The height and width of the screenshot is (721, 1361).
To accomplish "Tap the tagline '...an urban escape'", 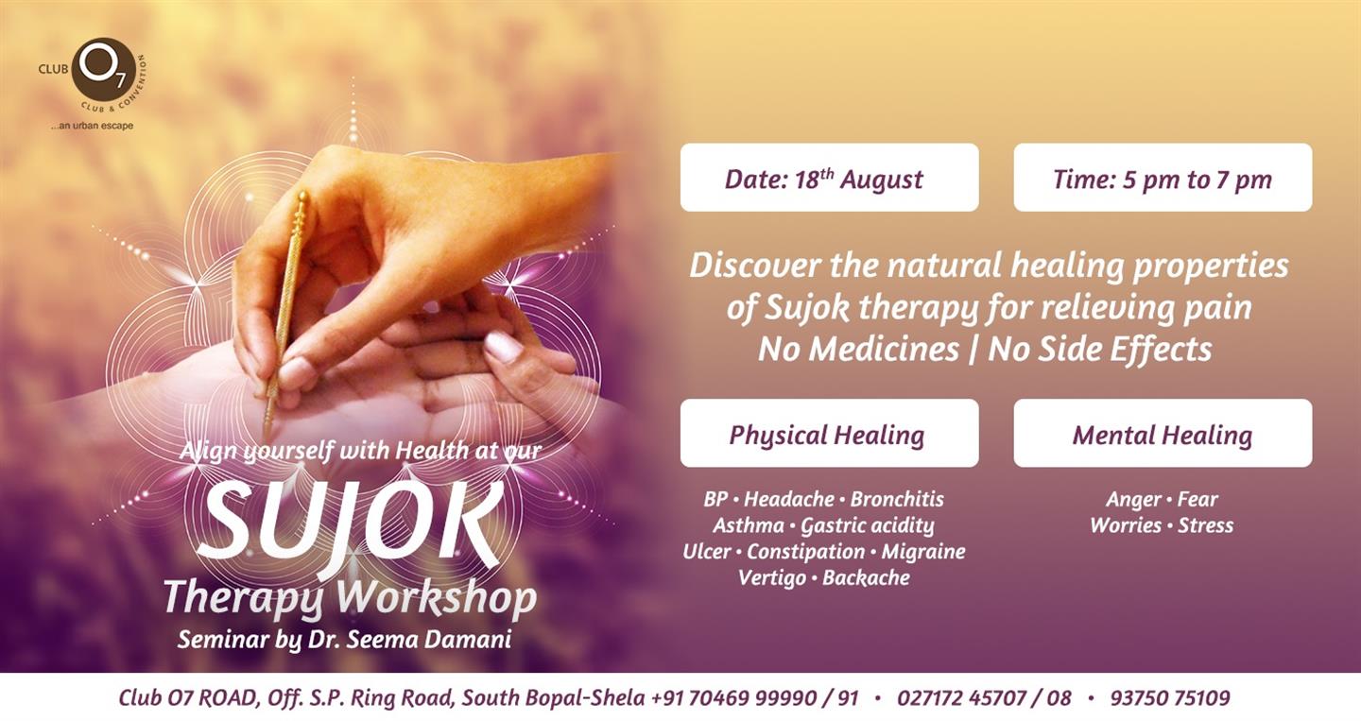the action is (x=93, y=126).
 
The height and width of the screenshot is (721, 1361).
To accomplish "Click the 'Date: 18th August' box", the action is (x=830, y=178).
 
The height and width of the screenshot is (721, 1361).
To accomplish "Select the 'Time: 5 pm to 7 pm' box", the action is (x=1163, y=178).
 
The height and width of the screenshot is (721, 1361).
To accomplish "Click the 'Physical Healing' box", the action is (x=830, y=433).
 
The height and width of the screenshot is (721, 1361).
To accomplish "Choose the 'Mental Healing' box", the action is (x=1163, y=433).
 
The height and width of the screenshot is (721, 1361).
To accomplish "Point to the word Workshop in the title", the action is (x=437, y=598).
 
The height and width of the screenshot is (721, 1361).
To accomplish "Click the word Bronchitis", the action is (x=897, y=499).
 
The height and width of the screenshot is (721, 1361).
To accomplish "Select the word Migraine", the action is (x=922, y=552).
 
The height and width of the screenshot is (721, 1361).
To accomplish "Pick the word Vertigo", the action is (x=772, y=578).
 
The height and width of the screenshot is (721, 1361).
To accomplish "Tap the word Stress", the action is (x=1205, y=525).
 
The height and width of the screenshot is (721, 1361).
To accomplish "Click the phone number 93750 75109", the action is (x=1170, y=698).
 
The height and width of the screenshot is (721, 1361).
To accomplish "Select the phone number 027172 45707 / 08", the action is (x=984, y=698).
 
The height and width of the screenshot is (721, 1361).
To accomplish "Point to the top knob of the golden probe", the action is (x=302, y=197).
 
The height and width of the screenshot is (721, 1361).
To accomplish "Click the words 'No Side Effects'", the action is (x=1100, y=350).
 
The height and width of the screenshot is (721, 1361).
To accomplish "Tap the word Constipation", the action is (x=805, y=552).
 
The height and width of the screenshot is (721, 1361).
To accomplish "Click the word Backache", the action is (x=866, y=577).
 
